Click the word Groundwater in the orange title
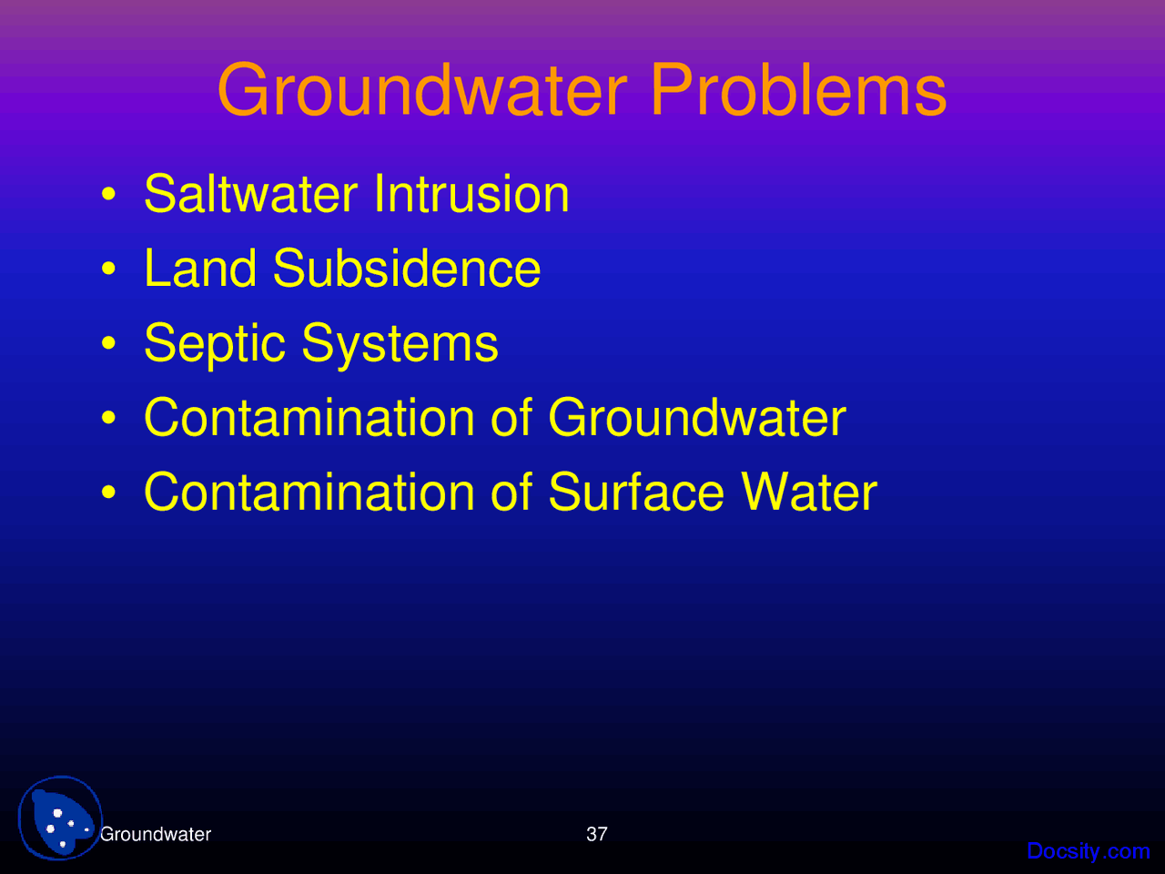point(422,91)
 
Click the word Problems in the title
point(798,91)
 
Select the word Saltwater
point(250,194)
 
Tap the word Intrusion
point(471,194)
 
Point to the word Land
point(199,269)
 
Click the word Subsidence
point(406,269)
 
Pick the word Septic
point(215,344)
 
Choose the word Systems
point(400,344)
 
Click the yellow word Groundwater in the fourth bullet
point(696,418)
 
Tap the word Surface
point(636,493)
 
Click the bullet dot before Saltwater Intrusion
point(109,196)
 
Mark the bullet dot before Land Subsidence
point(109,270)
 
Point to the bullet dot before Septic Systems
point(109,345)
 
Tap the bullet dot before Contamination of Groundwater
point(109,420)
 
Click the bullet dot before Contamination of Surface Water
point(109,494)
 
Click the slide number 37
point(596,834)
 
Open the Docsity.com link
point(1088,851)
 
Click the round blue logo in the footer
point(60,818)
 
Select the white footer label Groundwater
point(156,834)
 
